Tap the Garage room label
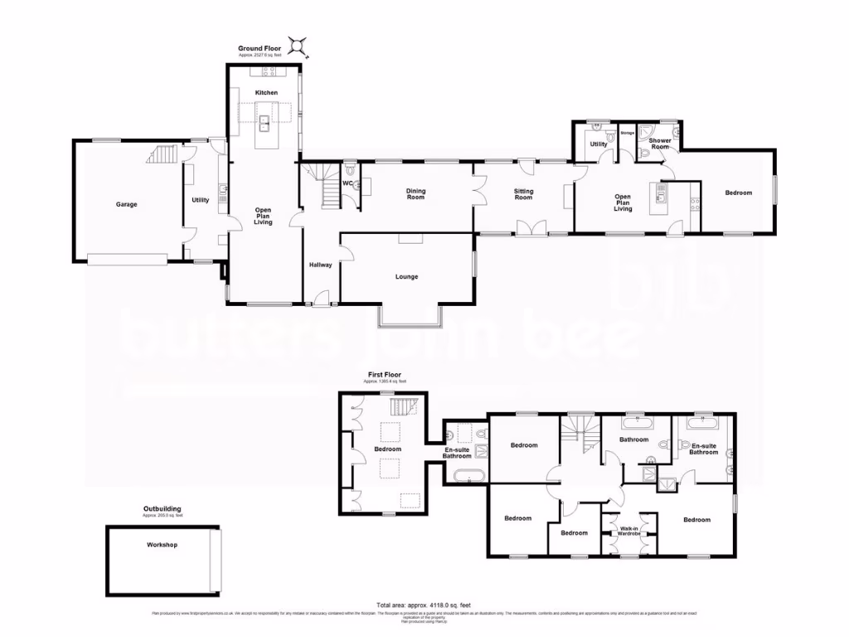[126, 204]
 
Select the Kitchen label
[266, 92]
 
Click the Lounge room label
[406, 276]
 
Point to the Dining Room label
[415, 194]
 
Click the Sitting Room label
[523, 194]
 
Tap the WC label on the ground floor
[348, 182]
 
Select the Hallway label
[321, 265]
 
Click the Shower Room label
[660, 143]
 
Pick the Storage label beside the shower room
[627, 133]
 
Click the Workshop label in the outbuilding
[163, 545]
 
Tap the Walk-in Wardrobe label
[628, 531]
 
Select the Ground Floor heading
[260, 49]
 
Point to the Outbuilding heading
[162, 508]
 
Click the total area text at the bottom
[419, 604]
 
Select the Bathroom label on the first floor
[633, 440]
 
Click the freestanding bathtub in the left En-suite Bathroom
[468, 475]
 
